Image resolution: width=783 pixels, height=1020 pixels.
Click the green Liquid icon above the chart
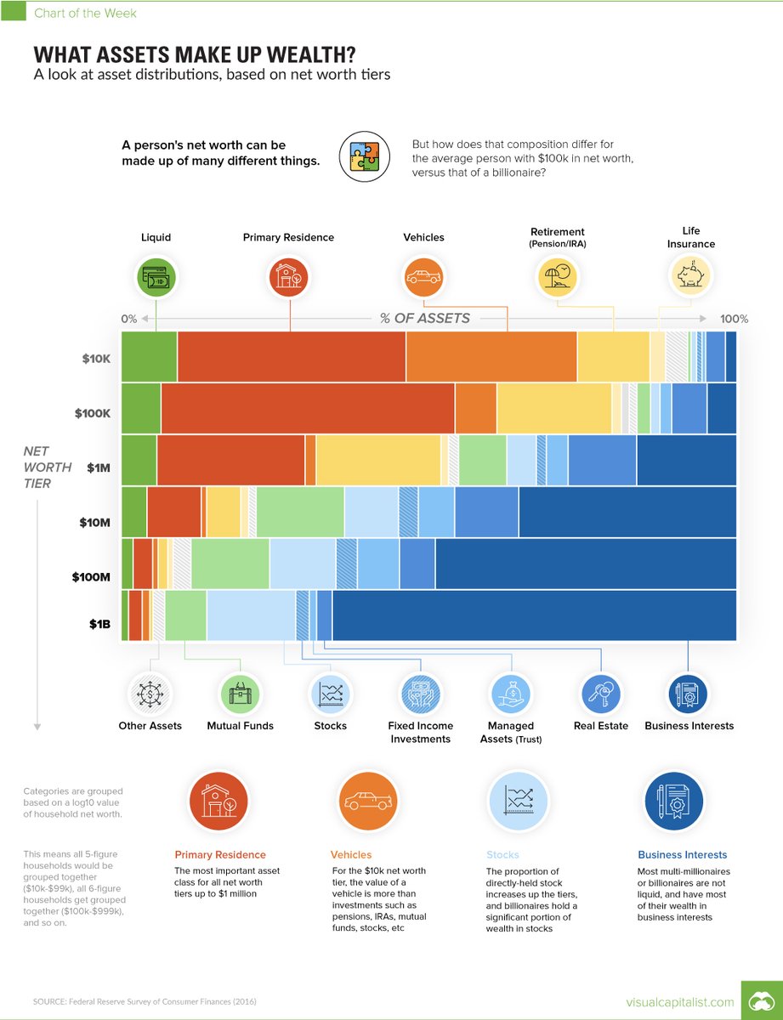click(x=156, y=276)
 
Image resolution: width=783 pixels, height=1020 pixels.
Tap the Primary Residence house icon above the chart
click(x=290, y=276)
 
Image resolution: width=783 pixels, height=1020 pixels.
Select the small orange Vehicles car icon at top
click(x=423, y=276)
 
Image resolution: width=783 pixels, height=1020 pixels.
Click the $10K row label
click(x=96, y=358)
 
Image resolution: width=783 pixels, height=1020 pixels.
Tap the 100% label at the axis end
click(x=734, y=319)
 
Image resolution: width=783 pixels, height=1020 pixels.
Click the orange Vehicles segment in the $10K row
click(x=491, y=357)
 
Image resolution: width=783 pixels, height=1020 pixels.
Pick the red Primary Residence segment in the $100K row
click(x=308, y=408)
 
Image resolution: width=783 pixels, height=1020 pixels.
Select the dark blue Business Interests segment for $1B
click(x=534, y=615)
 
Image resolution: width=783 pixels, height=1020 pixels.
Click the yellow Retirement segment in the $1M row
click(x=378, y=460)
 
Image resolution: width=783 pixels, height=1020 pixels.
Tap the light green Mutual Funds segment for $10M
click(x=300, y=512)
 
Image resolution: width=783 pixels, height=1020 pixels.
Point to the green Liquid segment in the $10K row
click(x=150, y=357)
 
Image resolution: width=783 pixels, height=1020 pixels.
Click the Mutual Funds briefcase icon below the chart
click(x=240, y=692)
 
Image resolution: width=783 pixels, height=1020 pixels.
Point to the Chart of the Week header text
click(x=84, y=13)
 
